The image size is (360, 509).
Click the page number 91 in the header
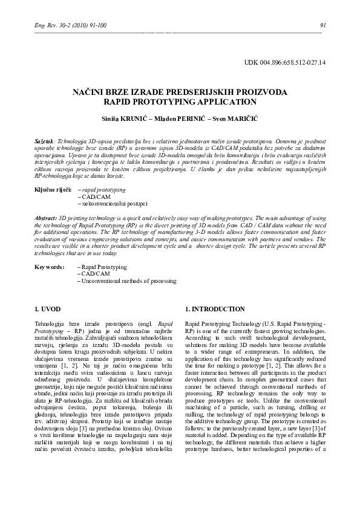point(322,25)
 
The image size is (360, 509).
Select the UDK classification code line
point(284,62)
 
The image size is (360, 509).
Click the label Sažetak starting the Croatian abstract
point(44,140)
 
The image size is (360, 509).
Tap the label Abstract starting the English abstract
point(45,216)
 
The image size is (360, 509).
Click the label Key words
point(49,267)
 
